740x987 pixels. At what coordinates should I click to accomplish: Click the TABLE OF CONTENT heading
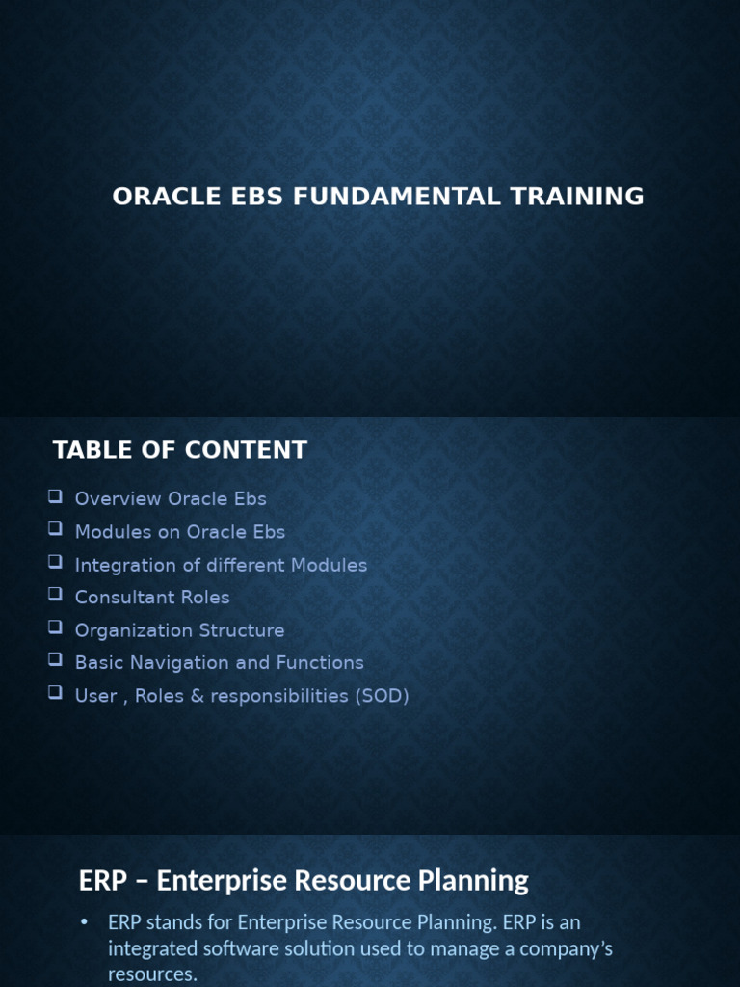(180, 450)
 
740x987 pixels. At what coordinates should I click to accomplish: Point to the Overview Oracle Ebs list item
(171, 499)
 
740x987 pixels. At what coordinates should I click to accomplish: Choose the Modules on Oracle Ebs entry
(180, 532)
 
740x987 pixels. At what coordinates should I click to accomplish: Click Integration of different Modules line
(221, 565)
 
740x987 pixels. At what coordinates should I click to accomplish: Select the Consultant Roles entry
(152, 598)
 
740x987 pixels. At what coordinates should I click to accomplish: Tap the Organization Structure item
(179, 630)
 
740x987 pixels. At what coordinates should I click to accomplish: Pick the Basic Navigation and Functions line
(219, 663)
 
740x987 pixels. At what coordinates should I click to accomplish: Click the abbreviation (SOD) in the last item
(383, 696)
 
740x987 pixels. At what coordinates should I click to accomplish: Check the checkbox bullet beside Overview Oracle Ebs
(55, 497)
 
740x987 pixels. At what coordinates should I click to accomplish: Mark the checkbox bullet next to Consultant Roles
(55, 596)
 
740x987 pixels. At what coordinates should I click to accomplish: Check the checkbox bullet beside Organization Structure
(55, 628)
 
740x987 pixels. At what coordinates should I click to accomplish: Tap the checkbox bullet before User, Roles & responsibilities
(55, 694)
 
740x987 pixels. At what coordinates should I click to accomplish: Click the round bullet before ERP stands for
(84, 923)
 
